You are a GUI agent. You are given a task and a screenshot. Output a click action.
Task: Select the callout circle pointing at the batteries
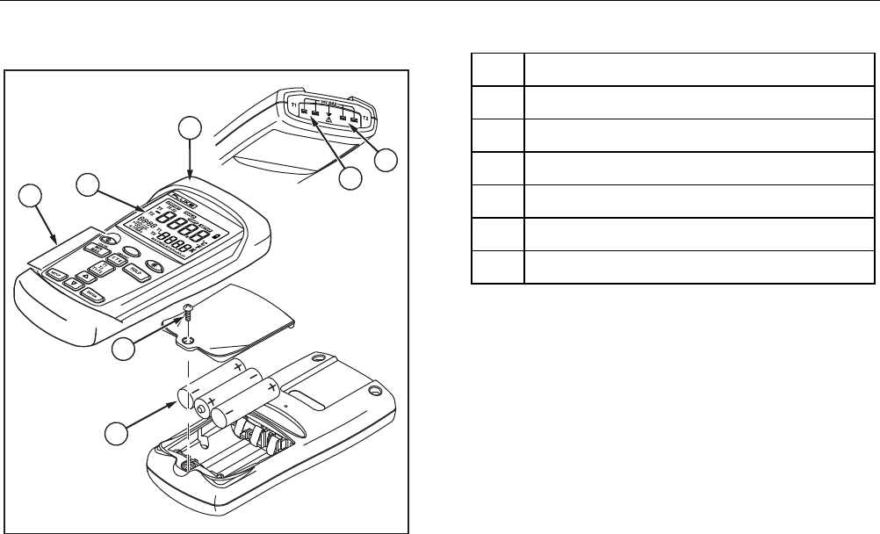[x=116, y=434]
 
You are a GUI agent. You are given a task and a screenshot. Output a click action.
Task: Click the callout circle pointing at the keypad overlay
[x=32, y=197]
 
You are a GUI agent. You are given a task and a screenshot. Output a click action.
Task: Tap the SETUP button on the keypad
[x=56, y=274]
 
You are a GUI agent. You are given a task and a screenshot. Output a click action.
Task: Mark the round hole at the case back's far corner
[x=375, y=389]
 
